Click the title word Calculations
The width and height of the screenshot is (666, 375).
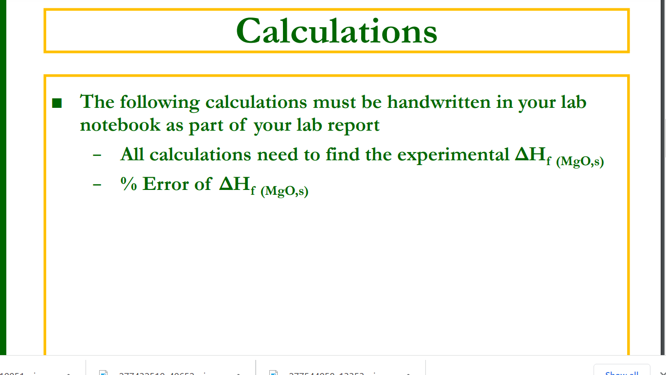click(336, 31)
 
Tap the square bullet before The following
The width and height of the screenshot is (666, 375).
click(57, 103)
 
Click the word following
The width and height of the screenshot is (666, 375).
click(159, 102)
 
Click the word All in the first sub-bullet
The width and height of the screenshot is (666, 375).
click(132, 154)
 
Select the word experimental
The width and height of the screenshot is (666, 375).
click(453, 155)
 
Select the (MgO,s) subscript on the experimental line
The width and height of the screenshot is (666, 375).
click(580, 162)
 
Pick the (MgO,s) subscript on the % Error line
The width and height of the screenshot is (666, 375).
click(284, 191)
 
